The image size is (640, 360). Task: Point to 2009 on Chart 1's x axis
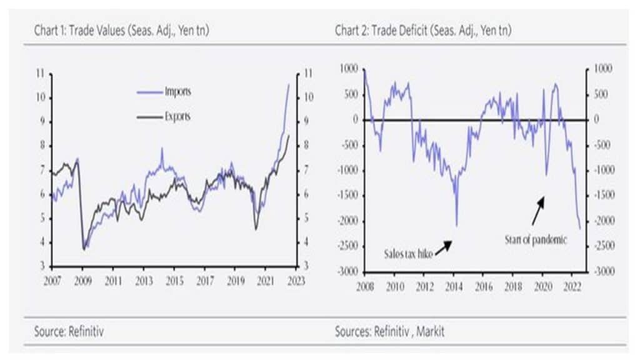click(x=82, y=281)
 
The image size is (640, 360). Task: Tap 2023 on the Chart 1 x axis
click(x=296, y=281)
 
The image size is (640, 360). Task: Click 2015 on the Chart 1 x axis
click(x=174, y=281)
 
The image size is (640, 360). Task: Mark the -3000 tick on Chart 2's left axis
click(x=347, y=272)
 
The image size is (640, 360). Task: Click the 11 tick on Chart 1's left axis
click(x=41, y=74)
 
